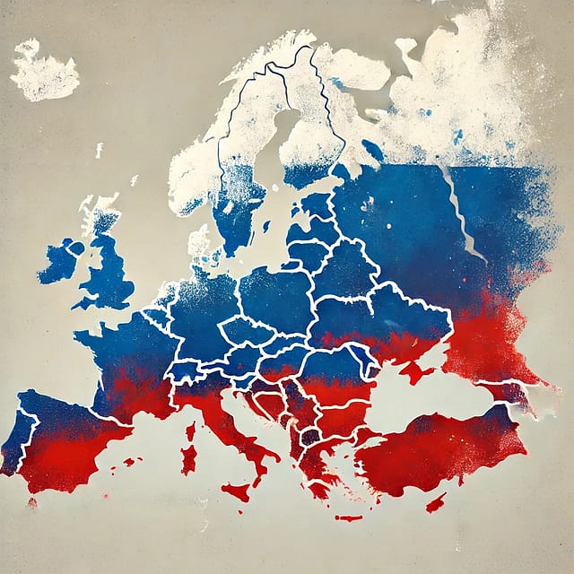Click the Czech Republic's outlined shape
[x=242, y=332]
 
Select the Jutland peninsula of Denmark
[x=199, y=242]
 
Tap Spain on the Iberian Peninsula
[x=72, y=439]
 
